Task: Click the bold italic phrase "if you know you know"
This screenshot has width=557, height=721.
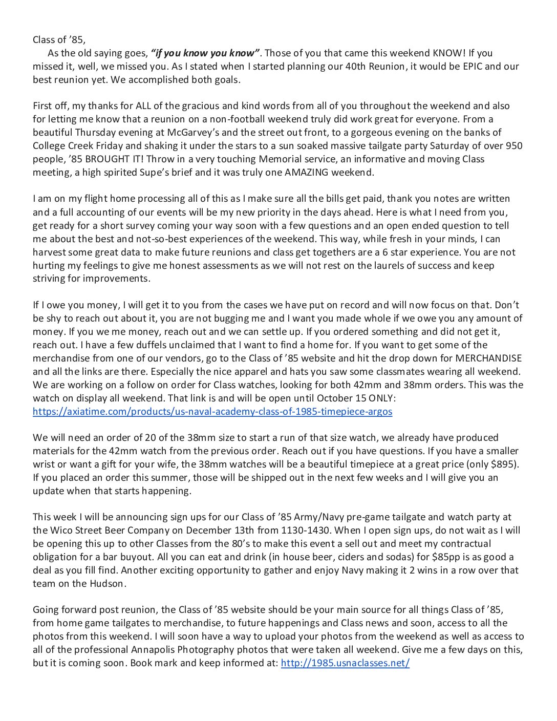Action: [206, 53]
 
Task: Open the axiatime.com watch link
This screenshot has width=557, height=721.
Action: [212, 412]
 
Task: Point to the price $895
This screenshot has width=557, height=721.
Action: [504, 464]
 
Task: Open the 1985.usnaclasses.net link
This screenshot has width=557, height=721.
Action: [345, 663]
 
